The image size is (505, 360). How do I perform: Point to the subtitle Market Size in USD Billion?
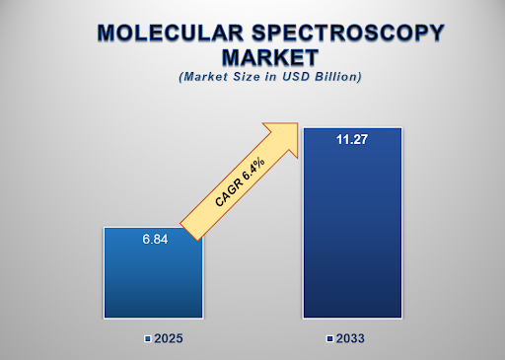[x=257, y=76]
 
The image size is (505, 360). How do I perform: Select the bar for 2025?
[x=153, y=281]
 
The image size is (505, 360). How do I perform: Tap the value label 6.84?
[x=153, y=238]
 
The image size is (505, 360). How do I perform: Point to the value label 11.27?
[x=352, y=139]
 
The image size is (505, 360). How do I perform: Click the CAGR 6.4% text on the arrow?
[x=239, y=181]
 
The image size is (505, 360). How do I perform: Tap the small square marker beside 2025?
[x=146, y=338]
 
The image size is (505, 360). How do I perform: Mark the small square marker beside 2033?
[x=330, y=338]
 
